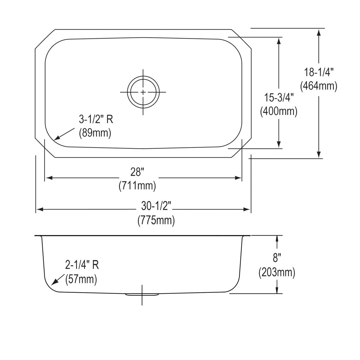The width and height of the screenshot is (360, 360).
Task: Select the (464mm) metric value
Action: [319, 86]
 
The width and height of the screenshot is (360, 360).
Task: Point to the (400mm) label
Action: [279, 111]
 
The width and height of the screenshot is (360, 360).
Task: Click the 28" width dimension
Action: [137, 172]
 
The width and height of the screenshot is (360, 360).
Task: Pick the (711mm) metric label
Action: [137, 186]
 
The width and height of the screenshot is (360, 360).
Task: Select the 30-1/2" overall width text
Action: [156, 206]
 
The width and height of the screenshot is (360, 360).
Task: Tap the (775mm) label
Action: [156, 220]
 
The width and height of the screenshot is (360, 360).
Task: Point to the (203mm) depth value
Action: [277, 273]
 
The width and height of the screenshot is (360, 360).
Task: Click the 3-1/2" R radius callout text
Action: [96, 120]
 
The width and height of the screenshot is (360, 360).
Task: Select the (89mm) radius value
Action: [95, 133]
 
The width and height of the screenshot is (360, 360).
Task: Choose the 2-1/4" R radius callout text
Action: [82, 265]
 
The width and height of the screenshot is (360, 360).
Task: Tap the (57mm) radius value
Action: [81, 279]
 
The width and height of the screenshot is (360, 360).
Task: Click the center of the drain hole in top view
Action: [143, 92]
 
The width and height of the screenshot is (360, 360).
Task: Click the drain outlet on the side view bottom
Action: [142, 295]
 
